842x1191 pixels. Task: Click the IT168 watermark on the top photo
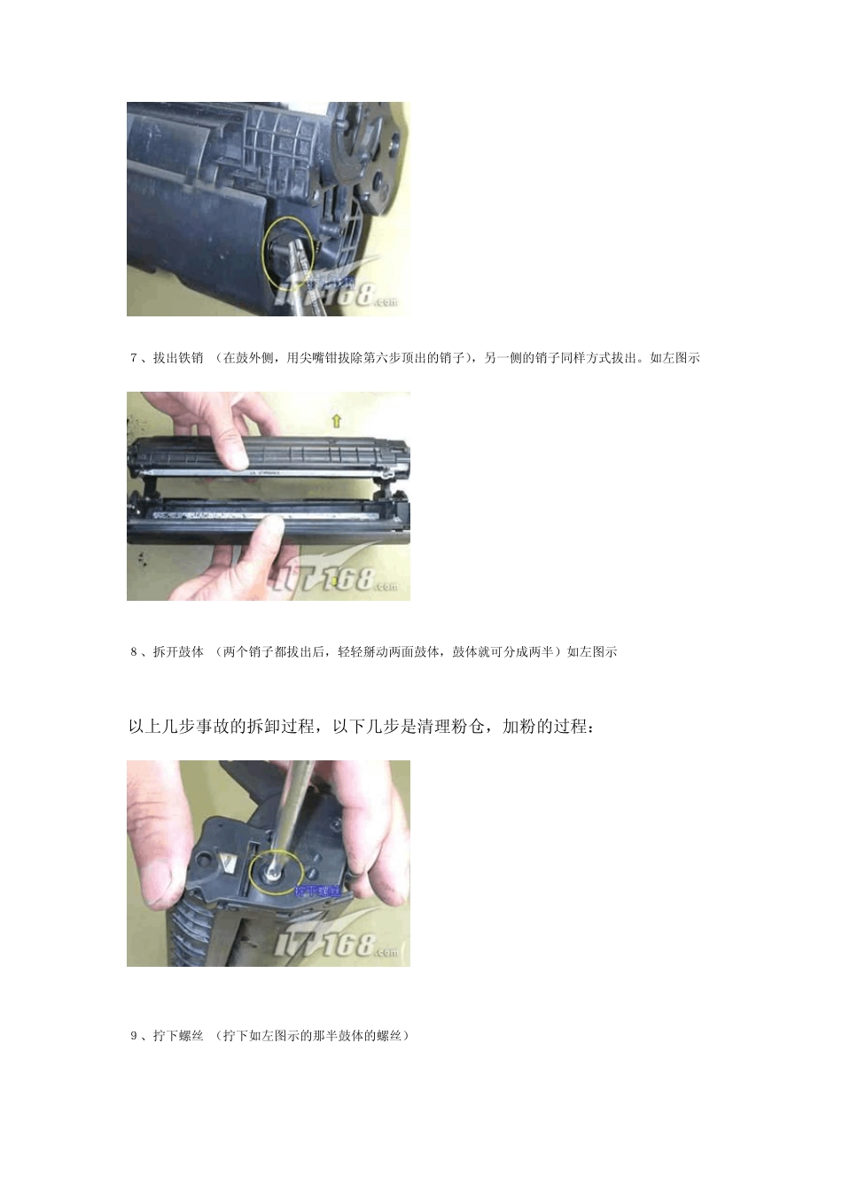click(337, 292)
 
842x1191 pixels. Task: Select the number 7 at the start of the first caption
click(134, 358)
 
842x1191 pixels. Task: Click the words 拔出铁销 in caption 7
click(178, 358)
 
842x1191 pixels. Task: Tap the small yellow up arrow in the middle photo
click(336, 421)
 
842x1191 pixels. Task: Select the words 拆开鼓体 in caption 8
click(178, 652)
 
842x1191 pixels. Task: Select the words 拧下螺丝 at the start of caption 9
click(178, 1035)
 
